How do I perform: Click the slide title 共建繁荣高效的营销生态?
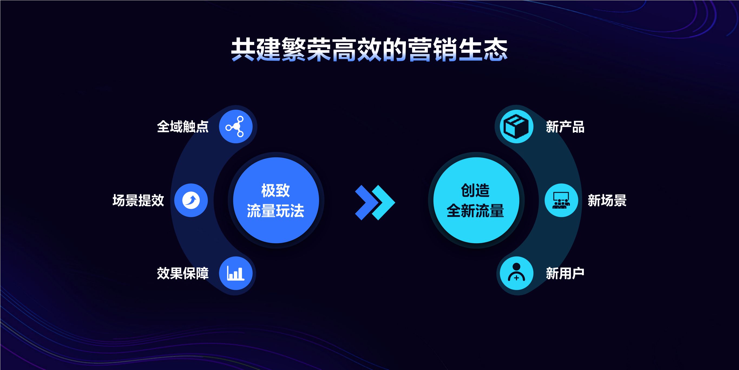370,50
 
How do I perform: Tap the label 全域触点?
183,127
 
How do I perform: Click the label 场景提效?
138,200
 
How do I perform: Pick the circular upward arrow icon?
191,200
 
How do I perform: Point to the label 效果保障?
183,273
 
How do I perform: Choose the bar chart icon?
235,273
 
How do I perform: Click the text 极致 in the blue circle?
275,190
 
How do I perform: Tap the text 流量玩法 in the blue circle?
275,210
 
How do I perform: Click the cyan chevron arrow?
383,203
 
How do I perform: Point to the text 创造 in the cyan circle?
475,190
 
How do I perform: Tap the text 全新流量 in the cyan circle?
475,210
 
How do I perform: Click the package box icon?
516,126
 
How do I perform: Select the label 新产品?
565,127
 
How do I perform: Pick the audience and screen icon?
561,200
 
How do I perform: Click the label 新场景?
607,200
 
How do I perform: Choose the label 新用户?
565,273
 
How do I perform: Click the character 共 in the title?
243,50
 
